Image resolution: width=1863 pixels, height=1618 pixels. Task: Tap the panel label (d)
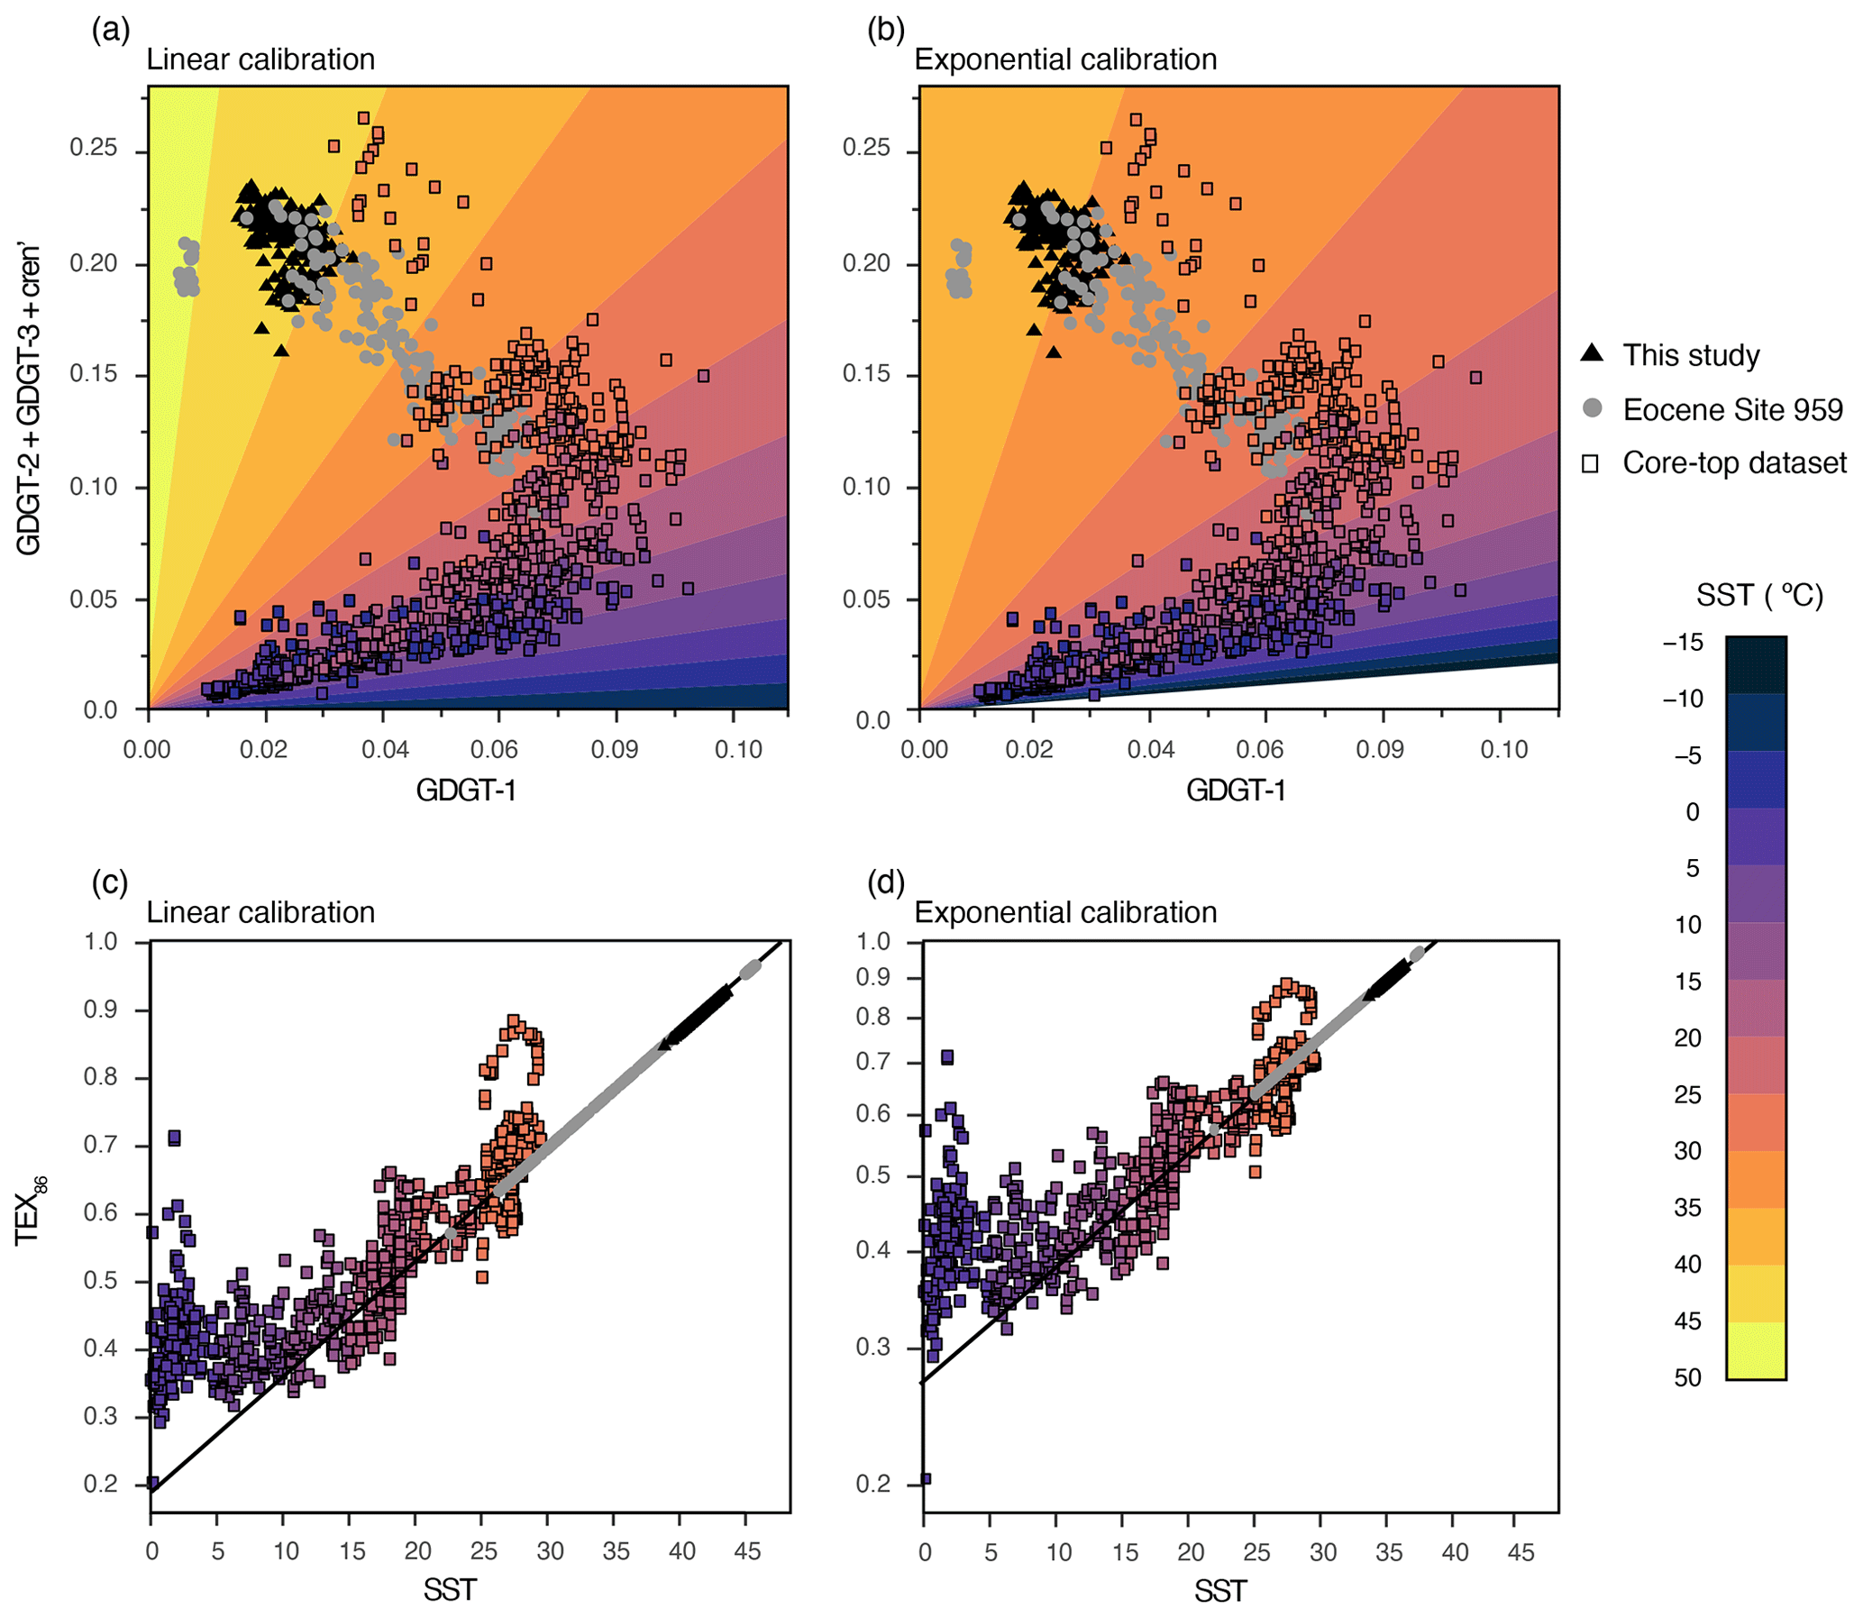pos(885,882)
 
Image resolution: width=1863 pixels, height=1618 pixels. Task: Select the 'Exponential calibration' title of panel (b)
pos(1065,59)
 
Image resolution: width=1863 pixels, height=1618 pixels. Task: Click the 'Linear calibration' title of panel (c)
pos(260,912)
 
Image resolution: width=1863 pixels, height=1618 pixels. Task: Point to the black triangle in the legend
pos(1593,354)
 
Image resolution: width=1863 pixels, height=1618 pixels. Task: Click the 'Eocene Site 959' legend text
pos(1732,409)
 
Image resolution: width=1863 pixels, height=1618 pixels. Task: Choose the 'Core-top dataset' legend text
pos(1734,462)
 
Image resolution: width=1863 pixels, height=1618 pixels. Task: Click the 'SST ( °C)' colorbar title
pos(1759,595)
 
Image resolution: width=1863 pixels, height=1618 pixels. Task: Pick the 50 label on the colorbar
pos(1687,1378)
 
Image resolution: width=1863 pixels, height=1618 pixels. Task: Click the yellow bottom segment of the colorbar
pos(1756,1351)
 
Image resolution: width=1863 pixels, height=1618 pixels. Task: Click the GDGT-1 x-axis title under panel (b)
pos(1236,790)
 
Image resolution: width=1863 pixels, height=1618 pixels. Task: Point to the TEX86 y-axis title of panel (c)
pos(30,1211)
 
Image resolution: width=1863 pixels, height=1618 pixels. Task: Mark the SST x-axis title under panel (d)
pos(1220,1590)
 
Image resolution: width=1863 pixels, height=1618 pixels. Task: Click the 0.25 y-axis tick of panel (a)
pos(93,147)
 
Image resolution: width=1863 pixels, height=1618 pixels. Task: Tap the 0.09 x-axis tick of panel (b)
pos(1379,749)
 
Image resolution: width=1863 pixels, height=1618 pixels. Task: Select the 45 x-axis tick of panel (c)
pos(747,1551)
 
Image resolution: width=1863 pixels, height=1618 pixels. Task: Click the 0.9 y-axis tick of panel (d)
pos(872,978)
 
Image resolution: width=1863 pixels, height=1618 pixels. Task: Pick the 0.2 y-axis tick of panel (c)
pos(100,1484)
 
